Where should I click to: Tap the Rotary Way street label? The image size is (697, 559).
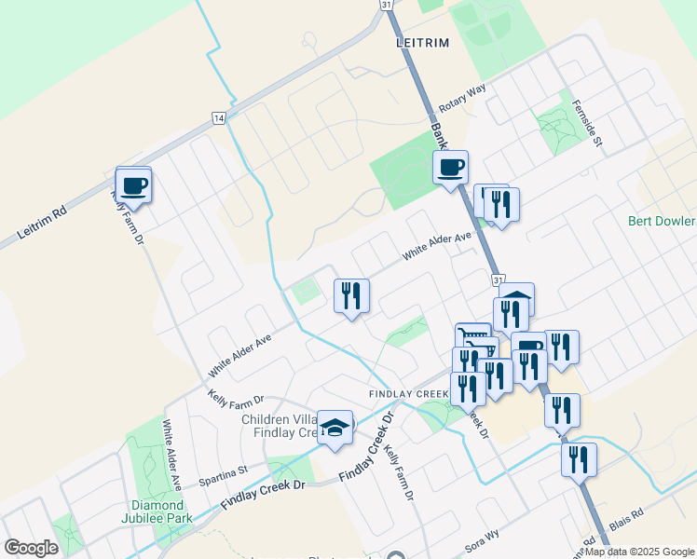465,94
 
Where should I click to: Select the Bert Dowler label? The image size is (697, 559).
662,222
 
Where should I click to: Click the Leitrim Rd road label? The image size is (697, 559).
43,226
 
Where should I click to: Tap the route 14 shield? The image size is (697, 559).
218,118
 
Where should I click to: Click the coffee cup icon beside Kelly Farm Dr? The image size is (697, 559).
133,184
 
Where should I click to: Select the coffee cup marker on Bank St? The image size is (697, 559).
450,168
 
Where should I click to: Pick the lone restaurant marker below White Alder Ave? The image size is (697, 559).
351,296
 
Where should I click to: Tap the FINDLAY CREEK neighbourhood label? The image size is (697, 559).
408,394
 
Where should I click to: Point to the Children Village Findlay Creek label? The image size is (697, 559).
280,426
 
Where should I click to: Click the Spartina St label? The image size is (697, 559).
222,476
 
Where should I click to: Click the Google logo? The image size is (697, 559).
31,548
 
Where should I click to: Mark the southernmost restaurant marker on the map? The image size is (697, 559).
579,459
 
